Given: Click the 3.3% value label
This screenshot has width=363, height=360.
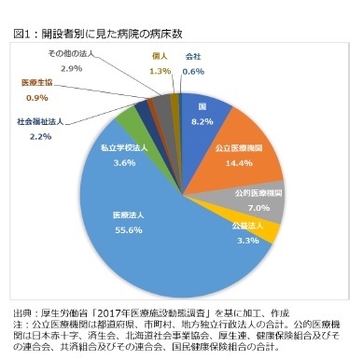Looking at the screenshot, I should tap(246, 240).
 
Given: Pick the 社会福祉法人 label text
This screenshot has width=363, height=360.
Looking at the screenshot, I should tap(40, 122).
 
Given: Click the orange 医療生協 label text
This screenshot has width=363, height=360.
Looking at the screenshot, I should tap(38, 83).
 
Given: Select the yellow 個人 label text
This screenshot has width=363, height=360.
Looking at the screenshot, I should tap(159, 56).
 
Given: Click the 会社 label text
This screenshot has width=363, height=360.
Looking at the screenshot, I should tap(193, 56).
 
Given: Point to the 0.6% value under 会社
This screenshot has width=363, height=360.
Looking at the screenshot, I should tap(193, 71).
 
